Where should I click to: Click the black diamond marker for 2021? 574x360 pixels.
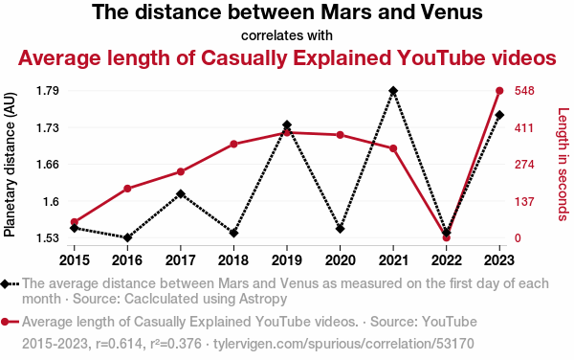pos(393,91)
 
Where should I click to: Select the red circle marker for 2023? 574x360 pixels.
pos(499,91)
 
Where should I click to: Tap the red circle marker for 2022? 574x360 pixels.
pos(446,237)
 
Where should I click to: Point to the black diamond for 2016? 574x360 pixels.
pos(127,237)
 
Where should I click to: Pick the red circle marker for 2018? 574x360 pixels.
pos(234,144)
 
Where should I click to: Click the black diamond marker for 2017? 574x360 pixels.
pos(181,193)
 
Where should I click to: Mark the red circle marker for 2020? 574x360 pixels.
pos(340,135)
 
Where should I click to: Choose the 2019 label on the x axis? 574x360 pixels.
pos(287,260)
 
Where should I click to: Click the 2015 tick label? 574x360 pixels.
pos(75,260)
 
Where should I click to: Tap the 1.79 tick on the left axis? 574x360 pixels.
pos(48,90)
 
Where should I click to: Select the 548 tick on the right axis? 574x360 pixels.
pos(524,90)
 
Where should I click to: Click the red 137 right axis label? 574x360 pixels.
pos(524,201)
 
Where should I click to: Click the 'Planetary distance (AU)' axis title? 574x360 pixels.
pos(10,165)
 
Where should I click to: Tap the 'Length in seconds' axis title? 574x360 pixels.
pos(563,165)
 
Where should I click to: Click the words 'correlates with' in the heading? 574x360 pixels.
pos(287,35)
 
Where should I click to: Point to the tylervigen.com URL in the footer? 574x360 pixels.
pos(343,344)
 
